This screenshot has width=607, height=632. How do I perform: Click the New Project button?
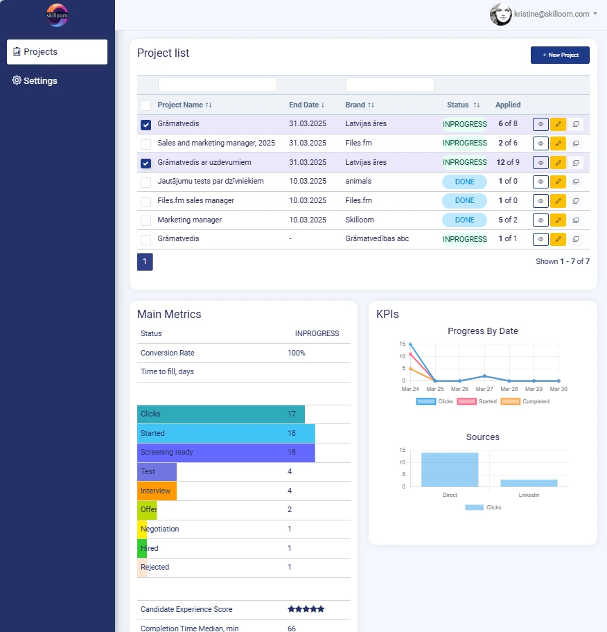560,55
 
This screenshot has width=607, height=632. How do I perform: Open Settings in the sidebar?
35,80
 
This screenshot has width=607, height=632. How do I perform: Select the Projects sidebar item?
57,52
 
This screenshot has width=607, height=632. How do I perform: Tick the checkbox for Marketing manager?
146,220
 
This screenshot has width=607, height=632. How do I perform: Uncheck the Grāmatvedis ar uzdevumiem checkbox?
146,164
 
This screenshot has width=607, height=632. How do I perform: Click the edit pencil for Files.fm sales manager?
558,201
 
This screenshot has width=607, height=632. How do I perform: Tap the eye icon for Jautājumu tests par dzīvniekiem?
540,182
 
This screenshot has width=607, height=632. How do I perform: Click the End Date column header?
306,105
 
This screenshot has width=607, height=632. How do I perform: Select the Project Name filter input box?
217,85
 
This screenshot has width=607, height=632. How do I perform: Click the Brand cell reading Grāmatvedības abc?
377,238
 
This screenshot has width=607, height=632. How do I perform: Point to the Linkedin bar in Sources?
529,482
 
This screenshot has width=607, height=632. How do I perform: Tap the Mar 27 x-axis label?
484,389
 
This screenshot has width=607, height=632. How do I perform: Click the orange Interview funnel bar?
157,491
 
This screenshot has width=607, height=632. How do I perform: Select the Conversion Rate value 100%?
297,353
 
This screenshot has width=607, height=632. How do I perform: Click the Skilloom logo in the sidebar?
57,15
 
